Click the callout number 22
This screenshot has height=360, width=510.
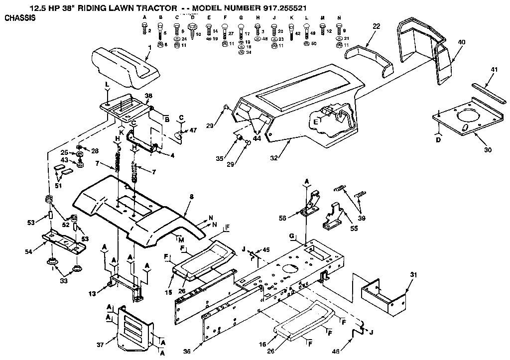point(376,26)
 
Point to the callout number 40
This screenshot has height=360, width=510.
point(461,42)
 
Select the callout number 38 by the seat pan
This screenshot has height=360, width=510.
point(148,95)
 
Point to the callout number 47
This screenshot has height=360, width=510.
point(193,130)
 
